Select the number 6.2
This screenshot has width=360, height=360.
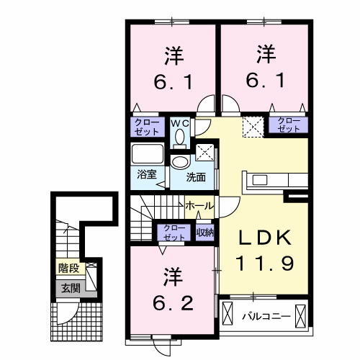click(174, 301)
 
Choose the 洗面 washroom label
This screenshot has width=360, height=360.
click(196, 176)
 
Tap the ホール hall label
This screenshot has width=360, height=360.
click(199, 206)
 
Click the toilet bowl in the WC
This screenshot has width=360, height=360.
click(180, 135)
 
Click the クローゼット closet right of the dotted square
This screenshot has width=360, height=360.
click(288, 125)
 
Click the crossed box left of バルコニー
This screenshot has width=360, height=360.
click(229, 315)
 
